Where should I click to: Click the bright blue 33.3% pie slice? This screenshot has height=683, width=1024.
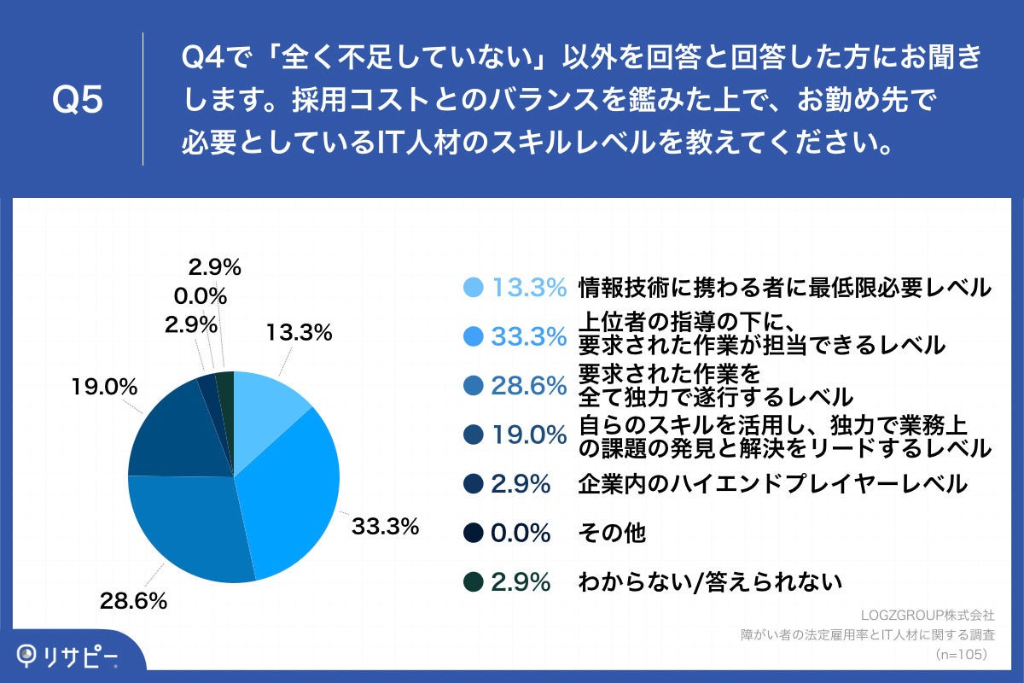pos(290,495)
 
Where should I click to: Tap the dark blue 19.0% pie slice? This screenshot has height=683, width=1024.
pos(175,431)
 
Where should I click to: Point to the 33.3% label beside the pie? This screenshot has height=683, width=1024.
pos(385,527)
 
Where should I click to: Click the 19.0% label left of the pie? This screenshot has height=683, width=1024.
pos(105,387)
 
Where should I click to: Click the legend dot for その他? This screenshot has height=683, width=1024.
pos(474,534)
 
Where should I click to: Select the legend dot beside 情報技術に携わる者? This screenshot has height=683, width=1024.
pos(474,288)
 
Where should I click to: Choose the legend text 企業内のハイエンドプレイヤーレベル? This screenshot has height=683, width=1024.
pos(772,484)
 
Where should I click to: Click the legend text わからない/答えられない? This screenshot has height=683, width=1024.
pos(710,582)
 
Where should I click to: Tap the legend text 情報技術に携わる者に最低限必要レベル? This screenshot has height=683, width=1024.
pos(784,288)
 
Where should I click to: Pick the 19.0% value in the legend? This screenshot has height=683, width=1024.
pos(528,435)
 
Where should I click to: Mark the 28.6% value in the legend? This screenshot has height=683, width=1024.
pos(528,386)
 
